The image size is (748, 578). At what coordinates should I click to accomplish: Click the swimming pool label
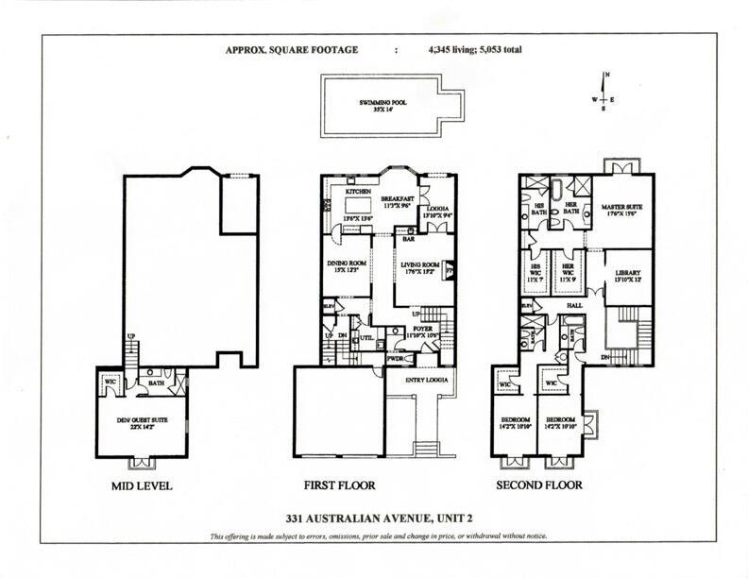point(382,102)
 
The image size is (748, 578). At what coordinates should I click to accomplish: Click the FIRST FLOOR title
point(339,485)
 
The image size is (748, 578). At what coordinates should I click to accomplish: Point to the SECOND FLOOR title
point(539,485)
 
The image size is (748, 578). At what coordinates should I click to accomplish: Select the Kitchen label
point(358,191)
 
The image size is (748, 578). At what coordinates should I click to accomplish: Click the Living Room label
point(422,265)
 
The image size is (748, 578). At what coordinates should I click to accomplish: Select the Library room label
point(620,273)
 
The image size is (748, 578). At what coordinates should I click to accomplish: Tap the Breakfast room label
point(399,199)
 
